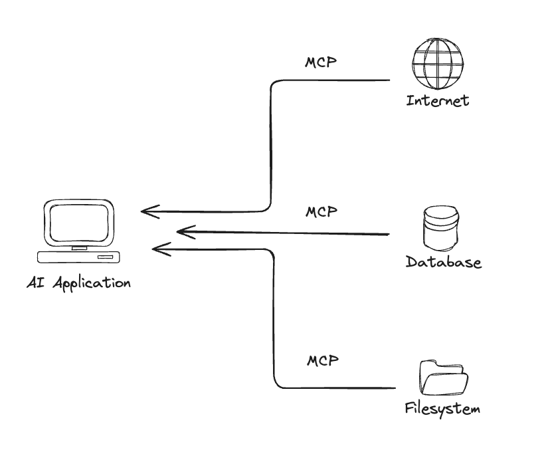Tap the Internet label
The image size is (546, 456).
437,101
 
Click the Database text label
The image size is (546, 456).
443,262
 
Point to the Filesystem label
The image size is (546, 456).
442,408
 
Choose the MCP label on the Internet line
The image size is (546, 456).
321,63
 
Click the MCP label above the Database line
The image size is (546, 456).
321,212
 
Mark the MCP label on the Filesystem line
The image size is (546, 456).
323,361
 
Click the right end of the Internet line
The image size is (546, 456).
389,80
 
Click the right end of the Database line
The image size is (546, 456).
387,234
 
